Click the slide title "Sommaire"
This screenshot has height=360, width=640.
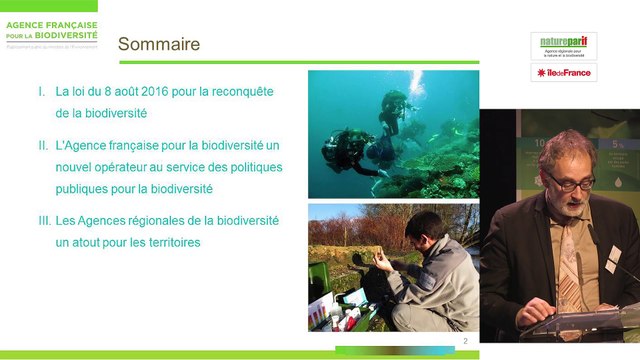(159, 44)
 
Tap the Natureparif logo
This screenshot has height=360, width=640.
(563, 46)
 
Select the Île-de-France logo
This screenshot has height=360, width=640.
(563, 73)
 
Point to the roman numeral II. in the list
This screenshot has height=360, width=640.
(44, 146)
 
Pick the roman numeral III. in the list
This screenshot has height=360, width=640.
(44, 220)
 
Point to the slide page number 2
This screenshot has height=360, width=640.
(466, 343)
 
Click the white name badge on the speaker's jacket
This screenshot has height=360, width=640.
(612, 259)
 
